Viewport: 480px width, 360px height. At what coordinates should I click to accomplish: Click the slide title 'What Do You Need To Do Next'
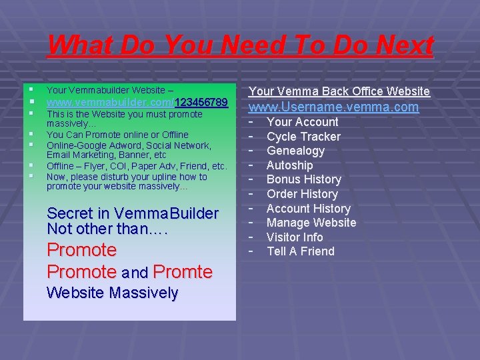(240, 46)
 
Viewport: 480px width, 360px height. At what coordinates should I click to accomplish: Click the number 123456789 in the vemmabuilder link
(201, 103)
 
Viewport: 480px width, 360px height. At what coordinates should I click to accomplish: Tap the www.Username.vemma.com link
(333, 107)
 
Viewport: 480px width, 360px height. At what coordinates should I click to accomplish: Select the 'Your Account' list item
(302, 122)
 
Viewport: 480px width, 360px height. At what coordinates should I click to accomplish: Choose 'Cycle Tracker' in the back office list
(303, 137)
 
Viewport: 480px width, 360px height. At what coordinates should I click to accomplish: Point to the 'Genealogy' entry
(295, 151)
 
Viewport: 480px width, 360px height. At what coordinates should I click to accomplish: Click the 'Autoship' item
(289, 165)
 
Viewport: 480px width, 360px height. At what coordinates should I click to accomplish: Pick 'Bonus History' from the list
(303, 179)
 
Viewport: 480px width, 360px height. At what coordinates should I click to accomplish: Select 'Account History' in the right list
(308, 209)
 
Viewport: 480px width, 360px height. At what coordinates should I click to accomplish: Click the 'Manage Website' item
(311, 223)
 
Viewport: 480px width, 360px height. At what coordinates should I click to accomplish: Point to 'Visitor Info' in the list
(295, 237)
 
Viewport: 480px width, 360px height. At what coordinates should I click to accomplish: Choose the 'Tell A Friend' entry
(301, 251)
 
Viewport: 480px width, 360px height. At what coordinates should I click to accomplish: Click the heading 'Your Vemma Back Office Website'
(339, 91)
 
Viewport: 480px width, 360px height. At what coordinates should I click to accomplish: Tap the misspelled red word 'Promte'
(183, 272)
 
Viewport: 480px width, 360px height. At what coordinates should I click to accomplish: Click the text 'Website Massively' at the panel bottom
(113, 293)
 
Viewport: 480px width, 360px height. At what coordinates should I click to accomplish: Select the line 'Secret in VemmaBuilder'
(133, 214)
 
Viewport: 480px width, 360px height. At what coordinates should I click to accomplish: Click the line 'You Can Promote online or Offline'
(117, 135)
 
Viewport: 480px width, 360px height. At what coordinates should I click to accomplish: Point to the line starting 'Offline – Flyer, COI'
(137, 166)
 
